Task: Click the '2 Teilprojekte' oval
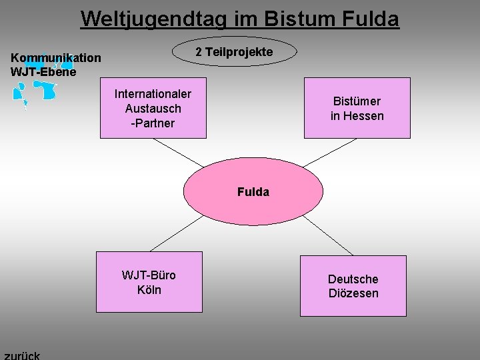(x=234, y=52)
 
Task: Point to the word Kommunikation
(x=56, y=58)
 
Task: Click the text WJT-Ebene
(x=43, y=71)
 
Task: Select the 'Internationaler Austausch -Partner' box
(x=153, y=109)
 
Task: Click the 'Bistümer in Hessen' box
(x=357, y=109)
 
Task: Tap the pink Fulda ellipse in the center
(x=253, y=192)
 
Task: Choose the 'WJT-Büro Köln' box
(x=149, y=282)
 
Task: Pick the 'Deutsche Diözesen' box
(x=353, y=286)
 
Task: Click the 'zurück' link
(x=22, y=355)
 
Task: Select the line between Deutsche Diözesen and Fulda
(x=327, y=235)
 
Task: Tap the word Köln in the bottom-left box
(x=149, y=289)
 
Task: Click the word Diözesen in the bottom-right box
(x=353, y=293)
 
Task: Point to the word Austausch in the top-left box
(x=153, y=109)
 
